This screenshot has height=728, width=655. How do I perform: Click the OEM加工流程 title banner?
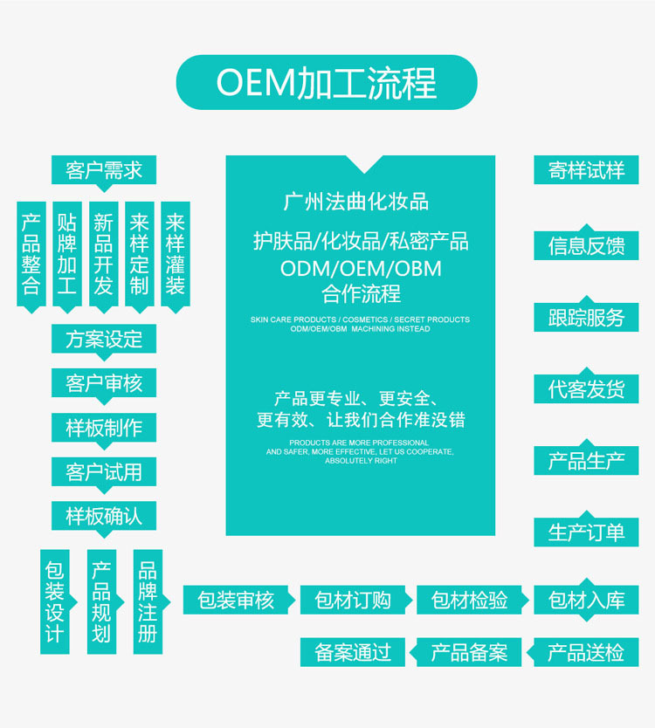327,83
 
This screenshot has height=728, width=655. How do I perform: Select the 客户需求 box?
104,168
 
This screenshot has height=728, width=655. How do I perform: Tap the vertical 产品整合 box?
31,254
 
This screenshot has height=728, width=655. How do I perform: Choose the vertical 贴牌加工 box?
67,254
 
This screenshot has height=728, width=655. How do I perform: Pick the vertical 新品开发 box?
103,254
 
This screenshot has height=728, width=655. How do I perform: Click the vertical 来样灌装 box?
175,254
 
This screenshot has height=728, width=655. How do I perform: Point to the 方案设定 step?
104,339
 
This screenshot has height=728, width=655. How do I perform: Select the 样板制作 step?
104,428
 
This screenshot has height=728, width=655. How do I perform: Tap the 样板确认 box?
104,516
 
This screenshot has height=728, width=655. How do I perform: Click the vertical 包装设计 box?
54,601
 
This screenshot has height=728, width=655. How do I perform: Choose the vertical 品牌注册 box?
148,601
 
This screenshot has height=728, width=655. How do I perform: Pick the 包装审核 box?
236,600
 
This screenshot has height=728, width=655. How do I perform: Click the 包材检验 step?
470,600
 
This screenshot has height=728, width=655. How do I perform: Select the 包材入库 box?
586,600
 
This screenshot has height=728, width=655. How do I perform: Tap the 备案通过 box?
353,652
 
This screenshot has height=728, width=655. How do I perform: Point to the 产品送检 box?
586,652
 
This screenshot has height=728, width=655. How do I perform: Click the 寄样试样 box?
586,169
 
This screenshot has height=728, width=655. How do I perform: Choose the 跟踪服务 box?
586,317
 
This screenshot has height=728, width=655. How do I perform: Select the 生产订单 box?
586,532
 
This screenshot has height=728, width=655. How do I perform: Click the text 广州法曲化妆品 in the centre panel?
356,202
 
